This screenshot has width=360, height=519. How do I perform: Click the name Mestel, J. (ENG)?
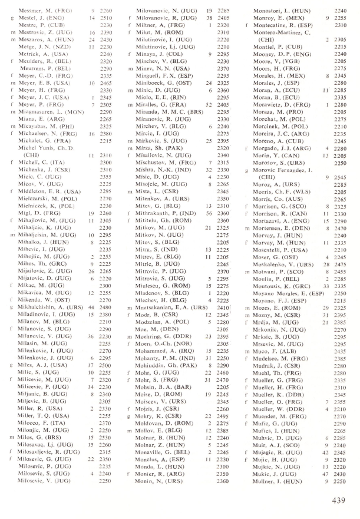click(x=38, y=18)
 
